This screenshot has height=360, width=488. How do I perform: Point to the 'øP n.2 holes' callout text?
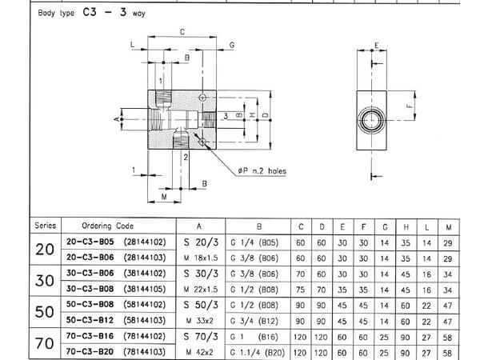[x=261, y=170]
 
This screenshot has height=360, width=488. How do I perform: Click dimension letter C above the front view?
[x=182, y=32]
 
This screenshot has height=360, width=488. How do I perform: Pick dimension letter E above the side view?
[x=376, y=46]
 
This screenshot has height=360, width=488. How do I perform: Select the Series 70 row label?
[x=45, y=343]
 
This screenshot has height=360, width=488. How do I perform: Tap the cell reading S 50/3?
[x=198, y=305]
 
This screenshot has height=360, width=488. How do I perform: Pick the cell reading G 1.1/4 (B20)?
[x=258, y=351]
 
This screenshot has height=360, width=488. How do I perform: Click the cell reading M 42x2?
[x=198, y=351]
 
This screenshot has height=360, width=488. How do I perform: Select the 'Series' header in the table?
[x=45, y=226]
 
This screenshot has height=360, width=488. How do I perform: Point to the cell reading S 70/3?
[x=198, y=336]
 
